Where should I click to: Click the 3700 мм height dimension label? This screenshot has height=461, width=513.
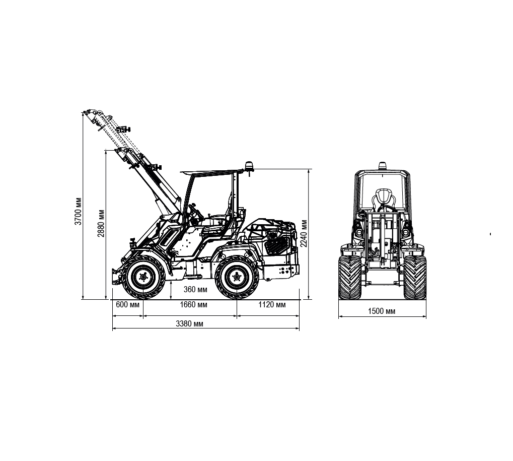pyautogui.click(x=78, y=211)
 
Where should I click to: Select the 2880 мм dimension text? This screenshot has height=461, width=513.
pyautogui.click(x=101, y=223)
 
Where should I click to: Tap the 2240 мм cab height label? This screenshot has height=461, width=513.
pyautogui.click(x=304, y=233)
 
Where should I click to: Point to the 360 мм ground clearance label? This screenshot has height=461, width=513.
pyautogui.click(x=195, y=289)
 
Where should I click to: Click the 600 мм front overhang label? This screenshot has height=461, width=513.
pyautogui.click(x=127, y=304)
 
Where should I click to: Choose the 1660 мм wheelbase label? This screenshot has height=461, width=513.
pyautogui.click(x=193, y=304)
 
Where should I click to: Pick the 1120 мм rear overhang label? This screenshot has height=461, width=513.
pyautogui.click(x=272, y=304)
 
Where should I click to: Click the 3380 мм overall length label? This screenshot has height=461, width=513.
pyautogui.click(x=189, y=323)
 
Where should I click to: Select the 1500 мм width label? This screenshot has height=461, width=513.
pyautogui.click(x=382, y=311)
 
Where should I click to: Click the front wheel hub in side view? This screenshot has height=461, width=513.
pyautogui.click(x=143, y=277)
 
